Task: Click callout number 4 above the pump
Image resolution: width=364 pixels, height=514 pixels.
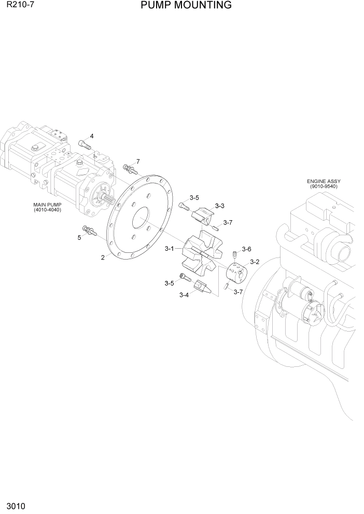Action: click(92, 136)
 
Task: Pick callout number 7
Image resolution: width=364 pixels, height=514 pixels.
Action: click(138, 161)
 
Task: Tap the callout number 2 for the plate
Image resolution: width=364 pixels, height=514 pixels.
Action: click(103, 258)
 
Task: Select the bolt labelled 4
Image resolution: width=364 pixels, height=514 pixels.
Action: click(84, 144)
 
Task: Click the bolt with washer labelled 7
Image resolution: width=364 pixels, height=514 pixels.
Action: click(129, 168)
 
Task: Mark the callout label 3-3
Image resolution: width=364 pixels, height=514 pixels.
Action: click(219, 206)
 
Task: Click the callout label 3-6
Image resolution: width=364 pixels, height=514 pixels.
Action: click(246, 249)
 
